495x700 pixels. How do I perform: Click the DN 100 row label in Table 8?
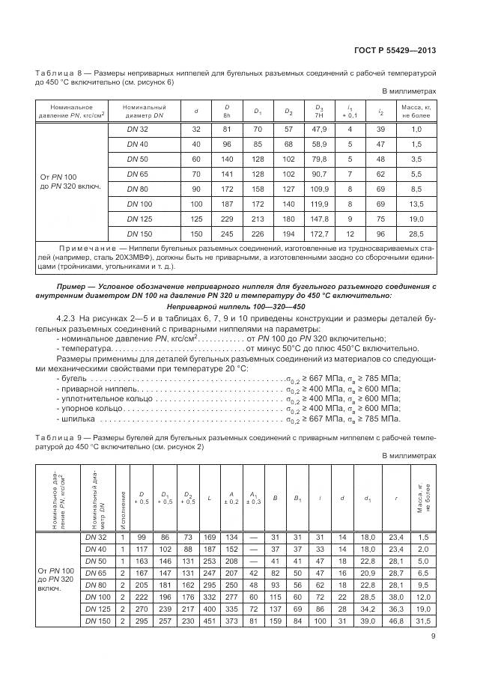[137, 203]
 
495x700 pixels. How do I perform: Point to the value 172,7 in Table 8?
[321, 234]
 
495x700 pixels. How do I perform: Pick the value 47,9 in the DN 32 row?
[321, 129]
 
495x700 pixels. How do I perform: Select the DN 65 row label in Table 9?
[96, 572]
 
